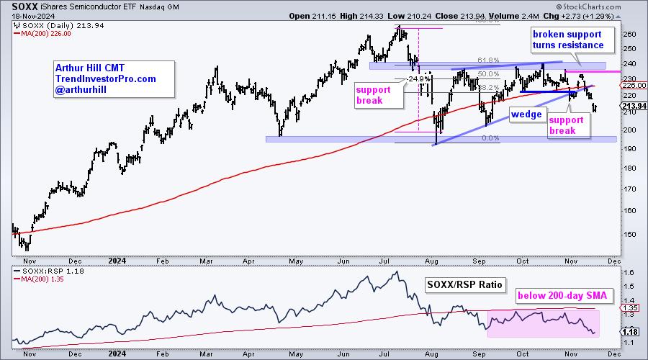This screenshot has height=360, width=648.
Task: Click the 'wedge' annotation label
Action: tap(526, 114)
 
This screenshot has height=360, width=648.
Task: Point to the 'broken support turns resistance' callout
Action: tap(567, 40)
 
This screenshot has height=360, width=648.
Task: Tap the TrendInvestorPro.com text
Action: tap(104, 79)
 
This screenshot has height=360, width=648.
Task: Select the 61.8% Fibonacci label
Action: tap(488, 60)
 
